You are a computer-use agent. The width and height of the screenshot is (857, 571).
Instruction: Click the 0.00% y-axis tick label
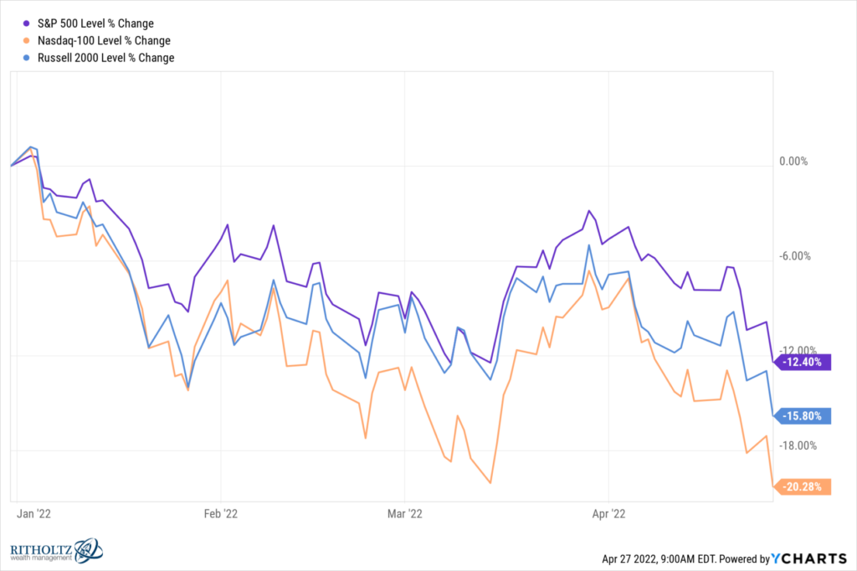(793, 162)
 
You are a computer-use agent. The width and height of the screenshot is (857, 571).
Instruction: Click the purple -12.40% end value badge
(805, 363)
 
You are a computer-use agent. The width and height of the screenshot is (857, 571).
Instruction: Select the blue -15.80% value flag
(805, 415)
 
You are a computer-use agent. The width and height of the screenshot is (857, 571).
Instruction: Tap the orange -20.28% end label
(805, 486)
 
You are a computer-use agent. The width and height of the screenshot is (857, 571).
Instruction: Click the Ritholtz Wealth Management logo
(54, 550)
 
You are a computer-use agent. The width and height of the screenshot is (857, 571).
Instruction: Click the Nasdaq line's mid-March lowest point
(490, 483)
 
